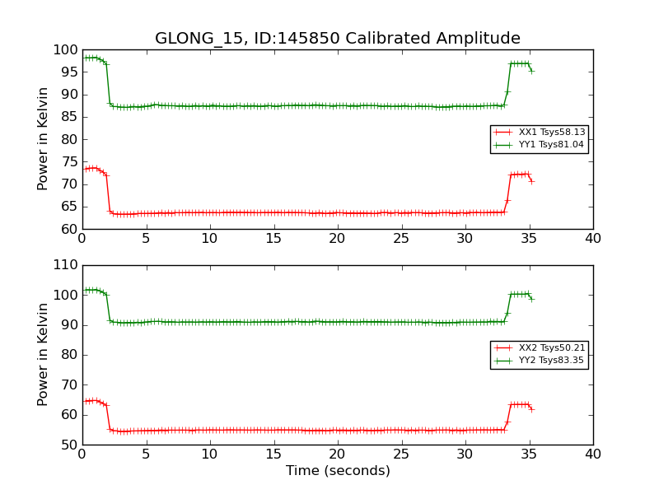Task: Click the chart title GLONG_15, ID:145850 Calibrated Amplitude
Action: (338, 39)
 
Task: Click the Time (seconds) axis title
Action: (338, 471)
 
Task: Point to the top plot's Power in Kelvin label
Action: (44, 139)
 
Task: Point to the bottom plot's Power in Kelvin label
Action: (44, 355)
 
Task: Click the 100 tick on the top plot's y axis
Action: (66, 50)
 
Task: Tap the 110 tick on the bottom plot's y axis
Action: (66, 265)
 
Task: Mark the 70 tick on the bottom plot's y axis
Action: (69, 384)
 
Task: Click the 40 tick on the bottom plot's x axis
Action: (593, 454)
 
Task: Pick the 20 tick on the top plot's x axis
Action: (338, 239)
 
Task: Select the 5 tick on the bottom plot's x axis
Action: (146, 454)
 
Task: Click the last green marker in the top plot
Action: (531, 71)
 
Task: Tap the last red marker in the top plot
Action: (531, 181)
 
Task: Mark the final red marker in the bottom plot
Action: (531, 409)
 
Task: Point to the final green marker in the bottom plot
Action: (531, 299)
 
